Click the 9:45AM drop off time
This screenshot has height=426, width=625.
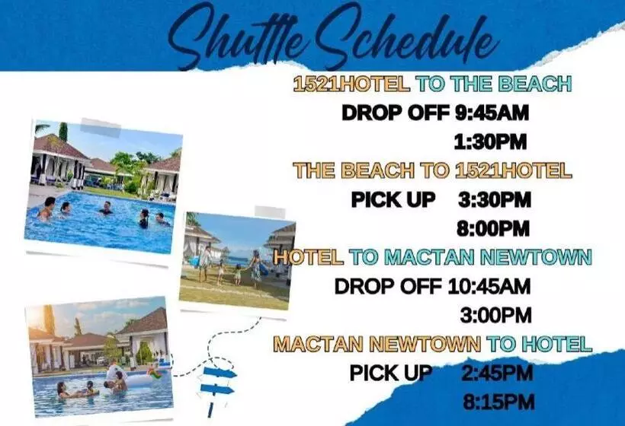[492, 113]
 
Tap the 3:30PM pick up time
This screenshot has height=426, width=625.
[495, 199]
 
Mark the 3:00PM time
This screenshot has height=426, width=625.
[495, 315]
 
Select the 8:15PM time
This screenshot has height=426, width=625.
[498, 402]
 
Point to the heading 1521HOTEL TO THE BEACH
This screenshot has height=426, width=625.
[432, 84]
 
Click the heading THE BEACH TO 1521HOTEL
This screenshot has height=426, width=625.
[432, 170]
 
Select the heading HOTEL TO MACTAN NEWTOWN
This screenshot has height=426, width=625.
[432, 258]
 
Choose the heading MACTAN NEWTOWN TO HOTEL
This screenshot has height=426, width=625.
[432, 344]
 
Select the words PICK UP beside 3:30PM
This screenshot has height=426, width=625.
[393, 199]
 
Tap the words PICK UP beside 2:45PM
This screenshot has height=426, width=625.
[391, 374]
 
